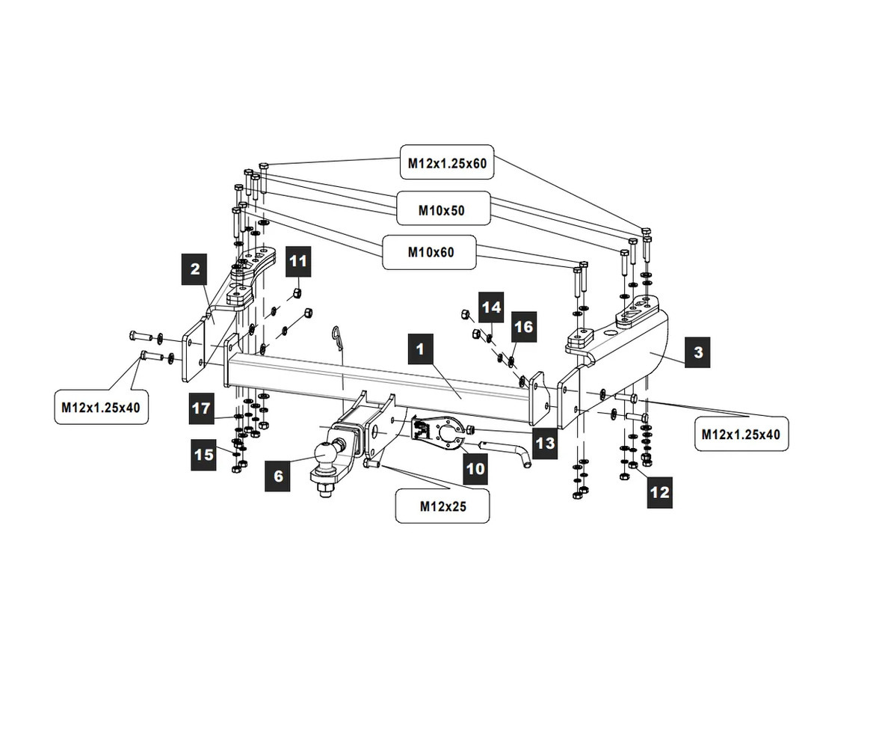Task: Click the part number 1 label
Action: pos(421,349)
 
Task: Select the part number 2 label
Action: pos(195,269)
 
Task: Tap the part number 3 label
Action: pos(697,352)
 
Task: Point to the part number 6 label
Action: pos(278,476)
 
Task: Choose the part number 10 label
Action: pos(475,469)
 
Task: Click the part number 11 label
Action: pos(298,261)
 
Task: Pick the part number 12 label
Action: pos(660,492)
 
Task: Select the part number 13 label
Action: pos(545,442)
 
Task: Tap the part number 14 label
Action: pos(490,307)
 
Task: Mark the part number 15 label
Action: pos(203,454)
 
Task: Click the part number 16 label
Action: pos(524,327)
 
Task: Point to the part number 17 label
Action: pos(202,409)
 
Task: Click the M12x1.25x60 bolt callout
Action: pos(447,162)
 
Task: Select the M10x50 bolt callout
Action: pos(441,210)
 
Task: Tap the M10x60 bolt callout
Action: pos(431,252)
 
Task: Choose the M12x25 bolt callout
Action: pos(442,506)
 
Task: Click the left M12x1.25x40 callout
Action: pos(101,408)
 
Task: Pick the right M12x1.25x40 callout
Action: pos(741,434)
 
